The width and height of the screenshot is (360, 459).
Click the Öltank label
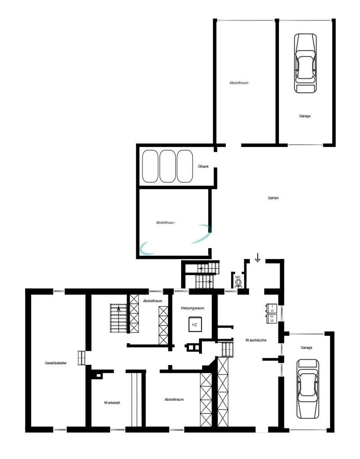click(x=203, y=166)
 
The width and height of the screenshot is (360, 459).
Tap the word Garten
click(x=273, y=198)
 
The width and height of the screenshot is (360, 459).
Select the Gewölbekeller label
click(x=56, y=363)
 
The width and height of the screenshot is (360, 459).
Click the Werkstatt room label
click(x=112, y=403)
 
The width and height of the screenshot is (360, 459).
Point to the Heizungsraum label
click(x=192, y=308)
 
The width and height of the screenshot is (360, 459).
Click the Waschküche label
click(x=256, y=340)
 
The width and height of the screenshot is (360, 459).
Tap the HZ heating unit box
click(x=194, y=325)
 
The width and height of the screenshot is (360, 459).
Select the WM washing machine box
click(x=272, y=319)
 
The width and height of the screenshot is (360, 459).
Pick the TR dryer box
click(x=272, y=308)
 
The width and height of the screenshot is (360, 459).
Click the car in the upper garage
click(x=305, y=63)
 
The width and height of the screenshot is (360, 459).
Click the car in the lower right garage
click(x=308, y=389)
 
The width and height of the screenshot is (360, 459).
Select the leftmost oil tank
click(x=150, y=166)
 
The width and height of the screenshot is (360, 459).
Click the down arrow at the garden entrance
click(x=257, y=258)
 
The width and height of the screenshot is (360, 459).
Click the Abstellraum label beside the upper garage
click(x=239, y=83)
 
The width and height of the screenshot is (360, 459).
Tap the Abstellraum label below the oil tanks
click(x=166, y=222)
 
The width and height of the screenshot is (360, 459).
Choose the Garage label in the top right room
click(x=305, y=116)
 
